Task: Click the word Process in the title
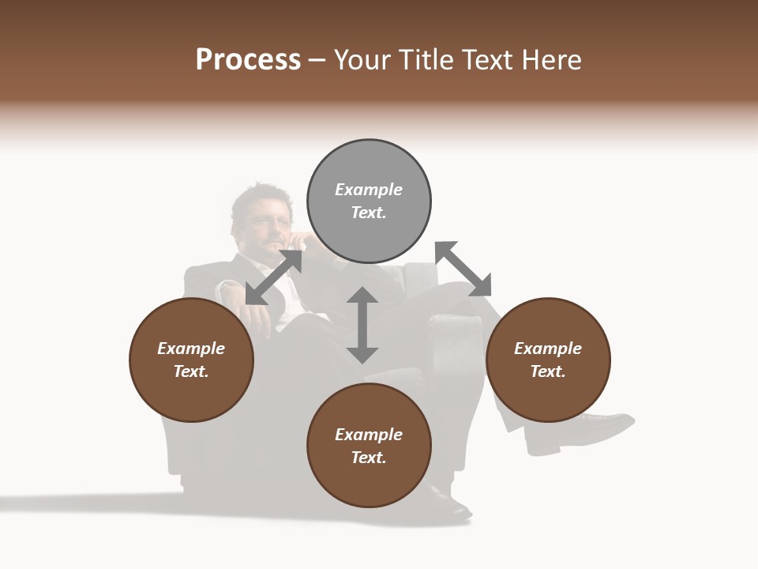click(x=248, y=60)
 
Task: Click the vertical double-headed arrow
click(x=362, y=325)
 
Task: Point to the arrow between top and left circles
click(x=274, y=277)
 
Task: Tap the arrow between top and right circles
click(x=463, y=269)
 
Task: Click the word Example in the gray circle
click(x=369, y=190)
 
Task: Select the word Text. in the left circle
click(x=191, y=371)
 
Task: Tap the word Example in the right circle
click(x=548, y=349)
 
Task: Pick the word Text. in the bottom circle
click(x=369, y=458)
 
